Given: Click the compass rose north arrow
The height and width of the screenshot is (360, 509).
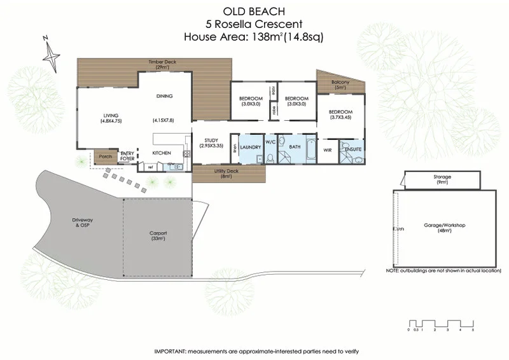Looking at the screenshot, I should tap(51, 53).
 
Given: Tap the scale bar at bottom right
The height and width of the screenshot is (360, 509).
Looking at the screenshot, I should tap(441, 322).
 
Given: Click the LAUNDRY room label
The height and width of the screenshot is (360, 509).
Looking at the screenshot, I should tap(251, 148).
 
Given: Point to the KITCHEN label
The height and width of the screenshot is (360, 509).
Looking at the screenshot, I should tap(160, 153).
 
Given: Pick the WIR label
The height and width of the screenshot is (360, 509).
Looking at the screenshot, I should tap(328, 150).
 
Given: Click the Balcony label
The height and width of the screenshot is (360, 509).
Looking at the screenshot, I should tap(342, 83).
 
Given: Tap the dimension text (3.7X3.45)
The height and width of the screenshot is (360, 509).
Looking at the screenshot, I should tap(341, 117).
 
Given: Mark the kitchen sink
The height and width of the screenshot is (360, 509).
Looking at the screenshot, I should tap(173, 167).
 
